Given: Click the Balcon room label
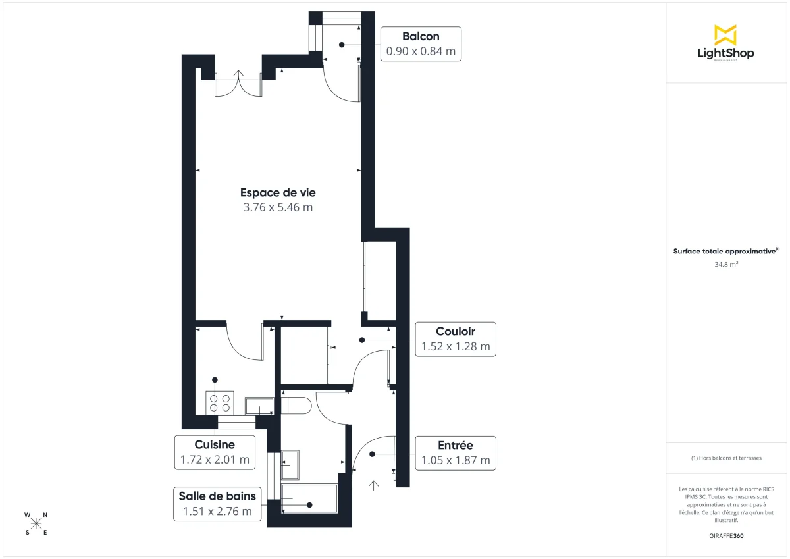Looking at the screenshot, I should (421, 37).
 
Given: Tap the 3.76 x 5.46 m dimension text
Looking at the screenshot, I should (277, 208).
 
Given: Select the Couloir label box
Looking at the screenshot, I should (455, 339).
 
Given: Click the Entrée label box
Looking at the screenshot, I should (455, 453).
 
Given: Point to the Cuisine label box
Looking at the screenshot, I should (215, 452).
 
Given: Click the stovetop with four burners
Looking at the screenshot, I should (220, 402).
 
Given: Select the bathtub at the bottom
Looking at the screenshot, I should (309, 498).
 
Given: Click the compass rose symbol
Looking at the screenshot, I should (36, 523).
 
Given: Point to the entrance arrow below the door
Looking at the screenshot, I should (374, 486).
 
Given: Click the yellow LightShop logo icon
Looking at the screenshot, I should (725, 34).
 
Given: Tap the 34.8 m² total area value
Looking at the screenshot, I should (726, 264).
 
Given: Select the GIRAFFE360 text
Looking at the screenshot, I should (726, 536).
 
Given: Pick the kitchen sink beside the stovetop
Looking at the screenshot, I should (259, 406).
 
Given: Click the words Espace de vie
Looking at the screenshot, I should (277, 193).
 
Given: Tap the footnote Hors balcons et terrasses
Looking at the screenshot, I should (726, 458).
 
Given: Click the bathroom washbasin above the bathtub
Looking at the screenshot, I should (290, 465).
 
